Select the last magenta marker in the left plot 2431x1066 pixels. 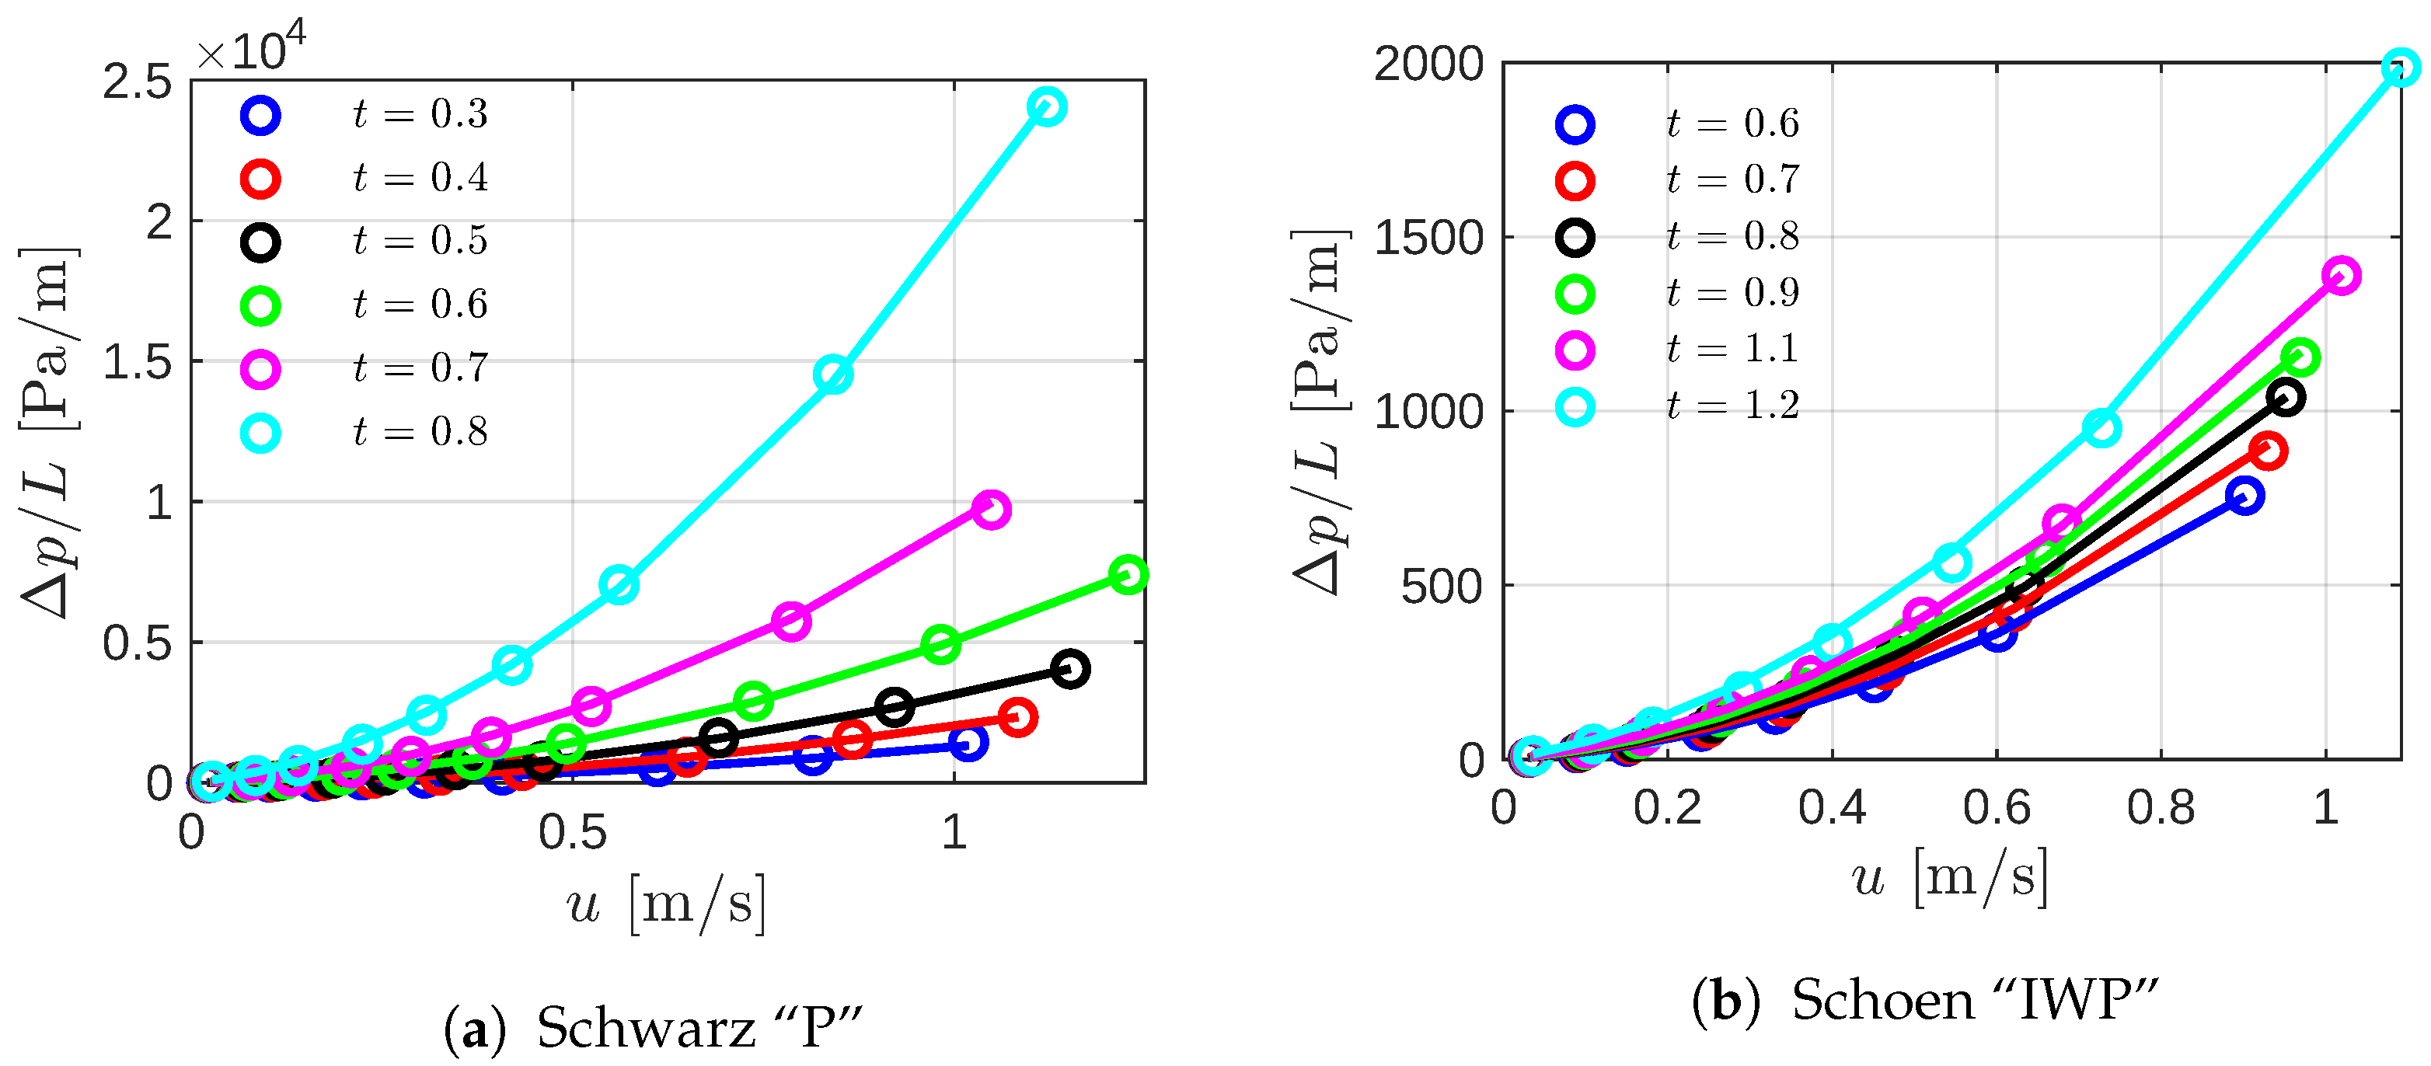[x=990, y=510]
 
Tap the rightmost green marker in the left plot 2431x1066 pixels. [x=1128, y=574]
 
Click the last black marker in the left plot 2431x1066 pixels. [x=1069, y=669]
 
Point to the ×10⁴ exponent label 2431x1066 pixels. [x=251, y=49]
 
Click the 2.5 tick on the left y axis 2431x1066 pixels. [x=138, y=82]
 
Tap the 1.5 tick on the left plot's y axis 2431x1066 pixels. [x=138, y=362]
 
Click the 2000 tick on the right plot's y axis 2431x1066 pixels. [x=1428, y=64]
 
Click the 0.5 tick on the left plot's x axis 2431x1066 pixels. [x=572, y=833]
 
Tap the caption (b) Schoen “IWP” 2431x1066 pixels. [x=1925, y=1000]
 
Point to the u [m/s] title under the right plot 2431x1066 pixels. [x=1950, y=877]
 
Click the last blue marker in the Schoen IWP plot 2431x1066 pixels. [x=2244, y=495]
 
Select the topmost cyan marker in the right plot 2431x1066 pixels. [x=2400, y=68]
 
